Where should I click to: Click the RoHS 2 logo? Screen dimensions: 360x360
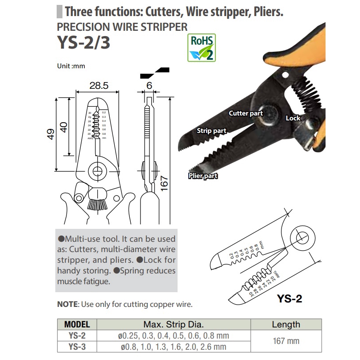[x=201, y=47]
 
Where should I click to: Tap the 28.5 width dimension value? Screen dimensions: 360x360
[x=98, y=85]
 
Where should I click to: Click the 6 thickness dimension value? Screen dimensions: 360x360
[x=149, y=85]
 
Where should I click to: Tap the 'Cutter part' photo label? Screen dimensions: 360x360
[x=246, y=113]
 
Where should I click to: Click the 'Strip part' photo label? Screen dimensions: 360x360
[x=211, y=131]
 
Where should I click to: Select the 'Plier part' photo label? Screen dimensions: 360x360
[x=203, y=176]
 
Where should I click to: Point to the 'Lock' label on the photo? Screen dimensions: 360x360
[x=293, y=118]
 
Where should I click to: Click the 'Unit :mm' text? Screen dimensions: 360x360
[x=71, y=66]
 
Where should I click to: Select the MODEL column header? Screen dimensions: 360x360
[x=77, y=324]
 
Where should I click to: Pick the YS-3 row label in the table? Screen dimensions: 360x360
[x=77, y=346]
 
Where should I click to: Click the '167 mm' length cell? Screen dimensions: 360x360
[x=286, y=341]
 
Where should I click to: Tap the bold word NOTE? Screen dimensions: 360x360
[x=67, y=305]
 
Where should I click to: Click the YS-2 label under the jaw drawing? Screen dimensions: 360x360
[x=290, y=298]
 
